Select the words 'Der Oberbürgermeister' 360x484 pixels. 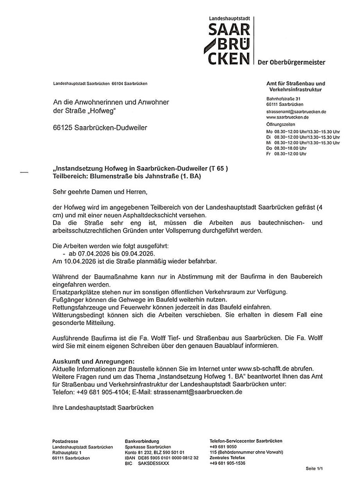click(x=291, y=63)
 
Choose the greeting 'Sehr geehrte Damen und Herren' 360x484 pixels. click(x=100, y=192)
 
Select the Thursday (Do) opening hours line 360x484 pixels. click(x=287, y=148)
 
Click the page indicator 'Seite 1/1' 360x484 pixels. click(x=314, y=468)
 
